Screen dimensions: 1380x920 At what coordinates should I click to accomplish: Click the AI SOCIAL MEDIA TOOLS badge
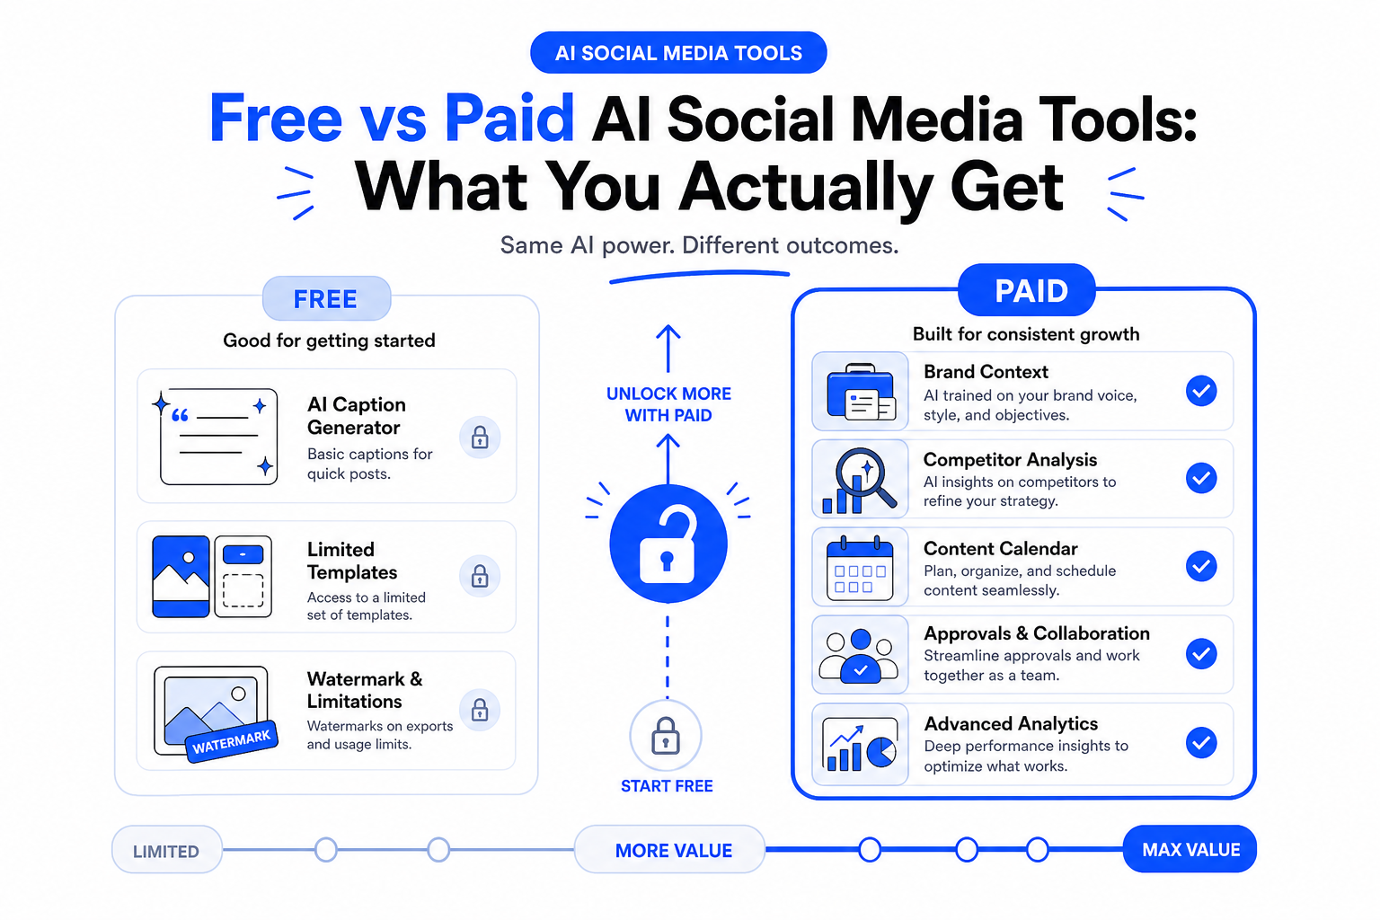(678, 53)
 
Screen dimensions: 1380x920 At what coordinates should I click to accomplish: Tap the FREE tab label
(326, 299)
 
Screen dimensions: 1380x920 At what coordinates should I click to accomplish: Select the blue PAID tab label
(1027, 290)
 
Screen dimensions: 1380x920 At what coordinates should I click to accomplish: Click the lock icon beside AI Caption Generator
(480, 438)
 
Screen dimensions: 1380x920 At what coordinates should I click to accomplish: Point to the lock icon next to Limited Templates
(480, 576)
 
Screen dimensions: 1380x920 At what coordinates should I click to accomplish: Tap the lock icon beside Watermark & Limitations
(480, 710)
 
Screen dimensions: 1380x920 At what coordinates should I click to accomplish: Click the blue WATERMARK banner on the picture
(232, 742)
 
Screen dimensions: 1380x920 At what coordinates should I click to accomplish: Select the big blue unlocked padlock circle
(668, 544)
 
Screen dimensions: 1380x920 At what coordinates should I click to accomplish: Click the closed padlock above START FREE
(666, 735)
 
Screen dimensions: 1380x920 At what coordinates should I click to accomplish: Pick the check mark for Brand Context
(1201, 391)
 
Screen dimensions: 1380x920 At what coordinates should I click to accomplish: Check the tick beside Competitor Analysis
(1201, 478)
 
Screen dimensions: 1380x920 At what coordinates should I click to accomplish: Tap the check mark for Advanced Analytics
(1201, 742)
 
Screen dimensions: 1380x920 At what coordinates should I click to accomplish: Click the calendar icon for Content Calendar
(860, 568)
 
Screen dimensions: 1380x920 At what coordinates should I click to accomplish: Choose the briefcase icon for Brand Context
(861, 392)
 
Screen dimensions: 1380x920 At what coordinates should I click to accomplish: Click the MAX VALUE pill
(1190, 849)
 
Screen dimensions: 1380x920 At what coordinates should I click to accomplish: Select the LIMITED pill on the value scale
(166, 850)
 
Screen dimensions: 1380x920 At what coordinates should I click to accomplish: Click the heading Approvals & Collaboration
(1037, 633)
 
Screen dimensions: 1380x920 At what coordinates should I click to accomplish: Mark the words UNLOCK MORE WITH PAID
(668, 404)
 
